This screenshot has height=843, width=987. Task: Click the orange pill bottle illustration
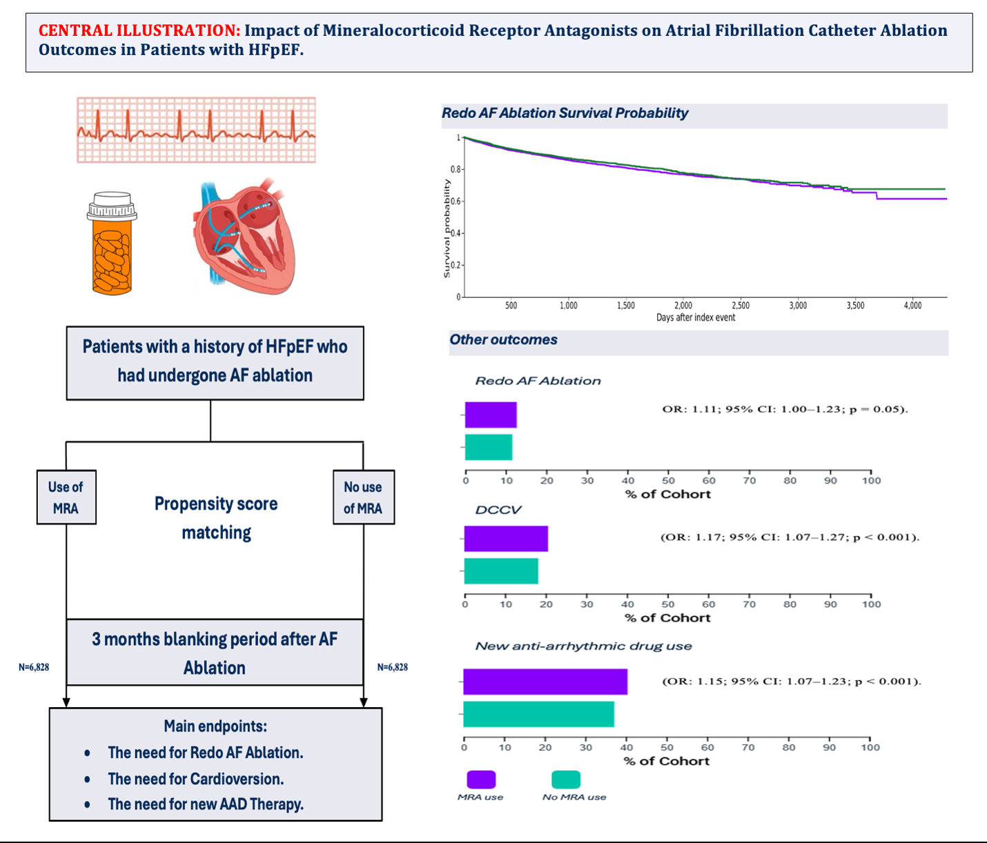click(112, 244)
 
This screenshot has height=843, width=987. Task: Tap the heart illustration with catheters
click(244, 235)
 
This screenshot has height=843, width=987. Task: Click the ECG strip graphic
click(196, 130)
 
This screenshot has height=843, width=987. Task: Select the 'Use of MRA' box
click(66, 497)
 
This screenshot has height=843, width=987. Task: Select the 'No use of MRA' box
click(363, 497)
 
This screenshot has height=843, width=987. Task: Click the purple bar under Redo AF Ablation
click(491, 415)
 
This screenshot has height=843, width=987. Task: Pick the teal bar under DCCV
click(501, 571)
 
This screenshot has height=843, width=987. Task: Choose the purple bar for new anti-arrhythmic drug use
click(545, 682)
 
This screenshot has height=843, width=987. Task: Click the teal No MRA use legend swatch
click(566, 780)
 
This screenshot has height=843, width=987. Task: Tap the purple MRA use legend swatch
click(481, 780)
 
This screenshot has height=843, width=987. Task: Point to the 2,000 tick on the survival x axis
click(683, 305)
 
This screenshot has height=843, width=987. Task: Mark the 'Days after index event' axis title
click(696, 317)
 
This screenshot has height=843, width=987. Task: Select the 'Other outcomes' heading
click(504, 339)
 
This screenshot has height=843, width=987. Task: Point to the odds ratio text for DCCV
click(790, 537)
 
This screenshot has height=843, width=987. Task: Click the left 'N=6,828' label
click(34, 667)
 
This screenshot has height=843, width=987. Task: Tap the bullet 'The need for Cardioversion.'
click(196, 779)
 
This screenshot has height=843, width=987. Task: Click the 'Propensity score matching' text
click(216, 517)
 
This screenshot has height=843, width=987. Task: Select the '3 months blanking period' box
click(215, 653)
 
